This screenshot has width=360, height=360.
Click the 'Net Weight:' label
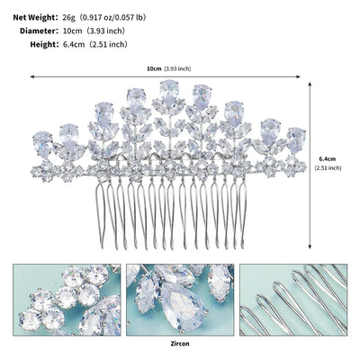click(35, 18)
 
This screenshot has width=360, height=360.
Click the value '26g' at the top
click(68, 18)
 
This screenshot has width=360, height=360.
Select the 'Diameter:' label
click(39, 31)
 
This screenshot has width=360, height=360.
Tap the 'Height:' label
click(44, 45)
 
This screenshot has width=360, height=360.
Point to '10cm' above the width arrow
click(154, 68)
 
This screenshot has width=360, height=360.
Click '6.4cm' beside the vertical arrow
click(328, 159)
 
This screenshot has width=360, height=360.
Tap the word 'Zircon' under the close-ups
click(180, 344)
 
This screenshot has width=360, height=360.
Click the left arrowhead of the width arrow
click(32, 77)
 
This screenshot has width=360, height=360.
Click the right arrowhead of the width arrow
click(298, 77)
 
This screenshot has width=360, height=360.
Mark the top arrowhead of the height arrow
click(310, 83)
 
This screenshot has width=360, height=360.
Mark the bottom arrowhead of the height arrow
click(310, 247)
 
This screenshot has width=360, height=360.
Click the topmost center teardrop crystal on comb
click(169, 89)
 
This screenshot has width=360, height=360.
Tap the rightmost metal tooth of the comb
click(242, 213)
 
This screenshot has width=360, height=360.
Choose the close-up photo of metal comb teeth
click(293, 300)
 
